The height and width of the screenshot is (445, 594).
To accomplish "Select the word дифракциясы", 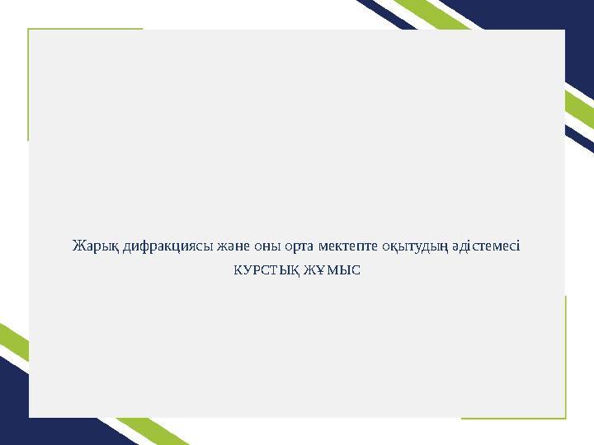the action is pos(168,246).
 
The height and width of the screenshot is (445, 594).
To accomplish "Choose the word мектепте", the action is pos(348,246).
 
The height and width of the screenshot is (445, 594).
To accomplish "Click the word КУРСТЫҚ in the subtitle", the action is pos(267,271).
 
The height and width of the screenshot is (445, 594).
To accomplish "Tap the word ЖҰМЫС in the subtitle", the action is pos(332,270).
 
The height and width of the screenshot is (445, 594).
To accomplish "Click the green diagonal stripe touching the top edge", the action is pos(431,14).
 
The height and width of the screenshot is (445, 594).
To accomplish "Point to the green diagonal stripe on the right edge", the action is pos(580,110).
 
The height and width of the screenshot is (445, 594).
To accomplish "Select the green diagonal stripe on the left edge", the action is pos(14,343).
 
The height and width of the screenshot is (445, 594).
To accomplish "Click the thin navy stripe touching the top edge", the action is pos(386,14).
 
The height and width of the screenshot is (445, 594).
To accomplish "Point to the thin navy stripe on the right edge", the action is pos(580,139).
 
